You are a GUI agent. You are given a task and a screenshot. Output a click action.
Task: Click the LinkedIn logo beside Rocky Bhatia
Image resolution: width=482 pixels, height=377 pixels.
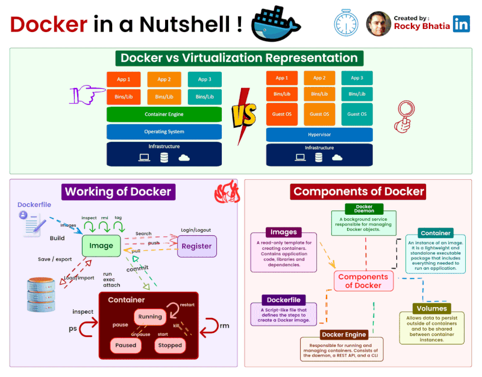[462, 24]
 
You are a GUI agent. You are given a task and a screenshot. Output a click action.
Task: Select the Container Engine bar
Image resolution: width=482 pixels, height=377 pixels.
[164, 114]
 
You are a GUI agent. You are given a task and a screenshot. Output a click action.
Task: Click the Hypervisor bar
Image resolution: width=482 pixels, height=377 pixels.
[319, 135]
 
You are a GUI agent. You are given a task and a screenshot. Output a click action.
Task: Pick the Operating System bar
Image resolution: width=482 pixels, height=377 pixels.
[164, 131]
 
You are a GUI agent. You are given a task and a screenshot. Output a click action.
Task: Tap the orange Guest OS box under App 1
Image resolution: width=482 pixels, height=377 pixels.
[281, 114]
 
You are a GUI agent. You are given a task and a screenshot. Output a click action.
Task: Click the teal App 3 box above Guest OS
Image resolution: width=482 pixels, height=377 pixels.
[357, 78]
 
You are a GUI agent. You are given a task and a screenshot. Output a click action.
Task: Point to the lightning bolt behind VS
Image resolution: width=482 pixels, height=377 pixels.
[243, 115]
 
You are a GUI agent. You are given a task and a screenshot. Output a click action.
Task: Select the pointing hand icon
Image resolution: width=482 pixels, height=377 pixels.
[88, 94]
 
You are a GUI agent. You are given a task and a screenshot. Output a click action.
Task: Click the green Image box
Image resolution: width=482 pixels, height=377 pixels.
[101, 246]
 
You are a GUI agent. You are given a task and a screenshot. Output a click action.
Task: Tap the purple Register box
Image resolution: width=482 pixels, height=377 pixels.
[196, 246]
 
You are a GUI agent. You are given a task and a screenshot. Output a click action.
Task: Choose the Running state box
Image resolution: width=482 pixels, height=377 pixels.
[150, 317]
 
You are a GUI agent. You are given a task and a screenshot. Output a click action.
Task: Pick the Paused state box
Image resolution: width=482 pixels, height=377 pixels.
[126, 346]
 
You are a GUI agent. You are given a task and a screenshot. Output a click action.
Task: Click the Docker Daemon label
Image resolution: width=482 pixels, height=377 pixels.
[365, 209]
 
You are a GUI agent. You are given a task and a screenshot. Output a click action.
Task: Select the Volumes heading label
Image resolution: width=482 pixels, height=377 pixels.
[431, 308]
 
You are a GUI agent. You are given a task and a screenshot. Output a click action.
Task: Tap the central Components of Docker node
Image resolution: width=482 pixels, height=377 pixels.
[363, 281]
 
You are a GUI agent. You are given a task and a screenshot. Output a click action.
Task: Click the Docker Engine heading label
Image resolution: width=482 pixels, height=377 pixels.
[344, 334]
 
